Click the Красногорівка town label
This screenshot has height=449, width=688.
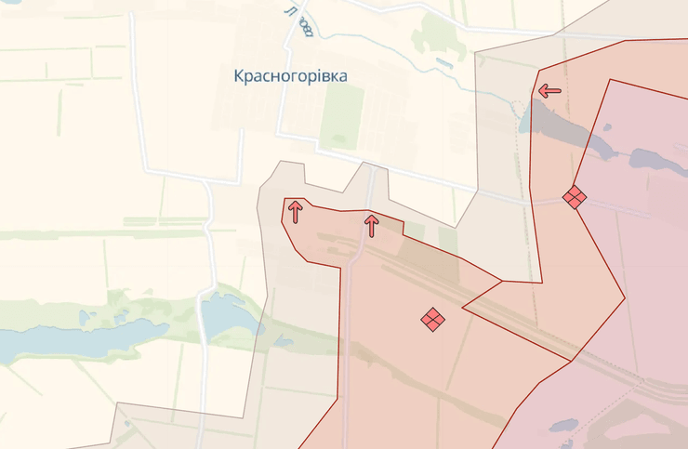[x=291, y=76]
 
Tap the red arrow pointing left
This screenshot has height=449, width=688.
[x=549, y=91]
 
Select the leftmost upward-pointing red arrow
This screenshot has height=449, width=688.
[x=295, y=211]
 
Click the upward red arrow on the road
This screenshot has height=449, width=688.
[x=372, y=224]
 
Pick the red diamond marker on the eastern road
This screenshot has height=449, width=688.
[x=575, y=197]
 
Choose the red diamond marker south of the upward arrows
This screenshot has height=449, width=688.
[x=432, y=319]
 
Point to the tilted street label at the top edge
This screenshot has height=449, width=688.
[x=299, y=20]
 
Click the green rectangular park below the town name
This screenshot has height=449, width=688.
[x=341, y=118]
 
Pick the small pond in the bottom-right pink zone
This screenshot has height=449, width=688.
[x=563, y=426]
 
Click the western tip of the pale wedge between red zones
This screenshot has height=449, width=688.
[x=464, y=306]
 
